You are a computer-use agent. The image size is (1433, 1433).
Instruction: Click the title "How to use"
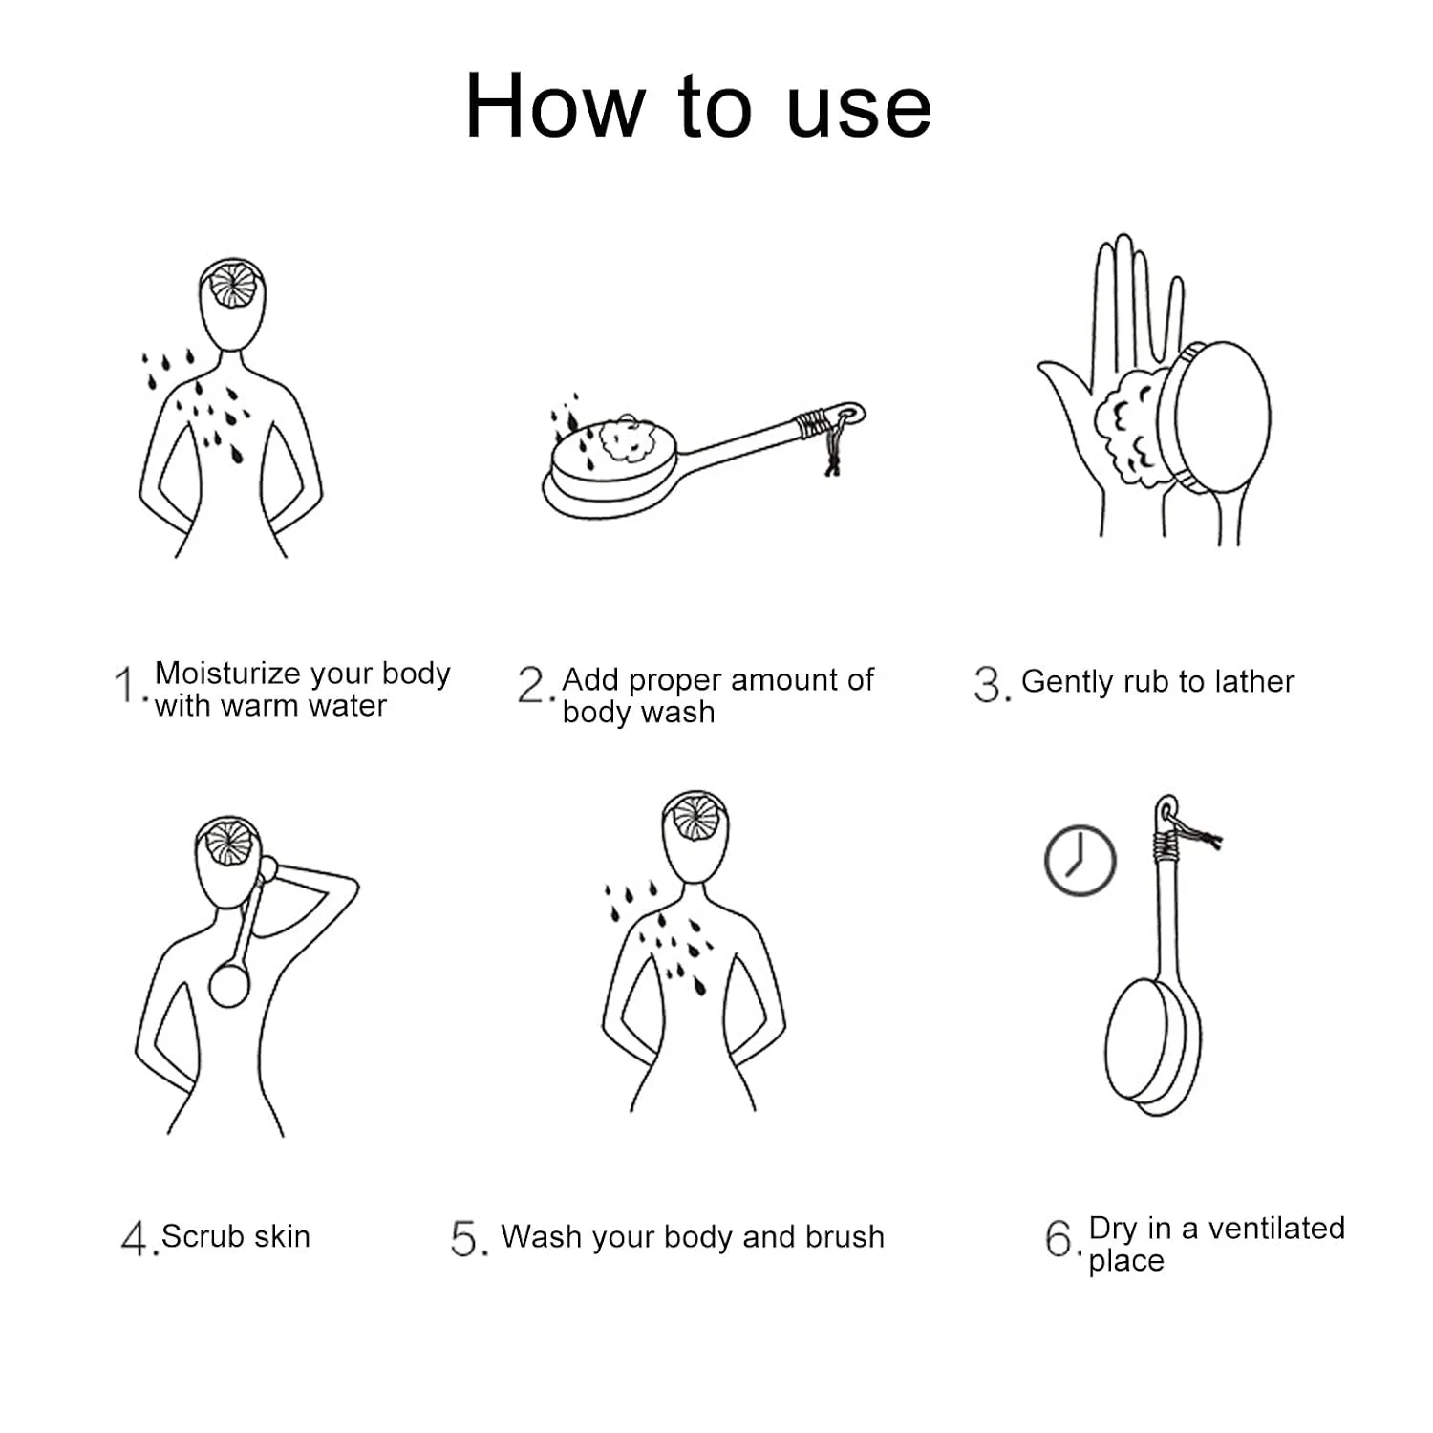(x=697, y=105)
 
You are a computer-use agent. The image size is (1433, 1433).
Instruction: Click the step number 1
(x=126, y=685)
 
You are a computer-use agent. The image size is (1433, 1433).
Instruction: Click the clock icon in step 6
(x=1080, y=861)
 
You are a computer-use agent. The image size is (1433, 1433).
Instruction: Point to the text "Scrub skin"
(x=236, y=1236)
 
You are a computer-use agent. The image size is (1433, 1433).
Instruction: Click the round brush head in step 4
(x=229, y=985)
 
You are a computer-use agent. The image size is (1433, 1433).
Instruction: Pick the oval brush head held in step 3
(x=1217, y=417)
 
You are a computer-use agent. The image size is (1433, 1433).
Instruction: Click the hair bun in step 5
(x=695, y=818)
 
